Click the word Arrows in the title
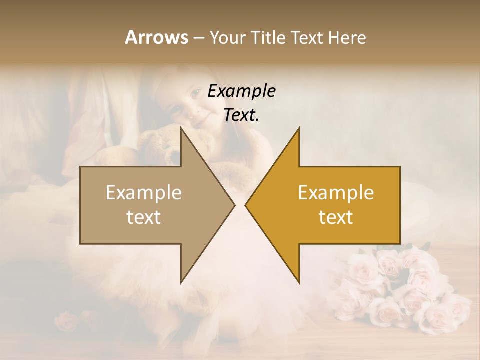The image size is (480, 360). coord(156,37)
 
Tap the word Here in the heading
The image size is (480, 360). coord(347,37)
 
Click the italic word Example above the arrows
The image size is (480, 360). coord(241,91)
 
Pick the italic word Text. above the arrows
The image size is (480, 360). coord(241,115)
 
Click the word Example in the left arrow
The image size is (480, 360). coord(144,193)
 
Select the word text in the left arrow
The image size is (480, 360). coord(144,217)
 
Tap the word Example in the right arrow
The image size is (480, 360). coord(336,193)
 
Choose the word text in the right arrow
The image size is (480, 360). coord(336,217)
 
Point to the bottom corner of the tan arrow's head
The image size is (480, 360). coord(181,282)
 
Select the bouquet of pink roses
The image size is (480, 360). coord(400,290)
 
